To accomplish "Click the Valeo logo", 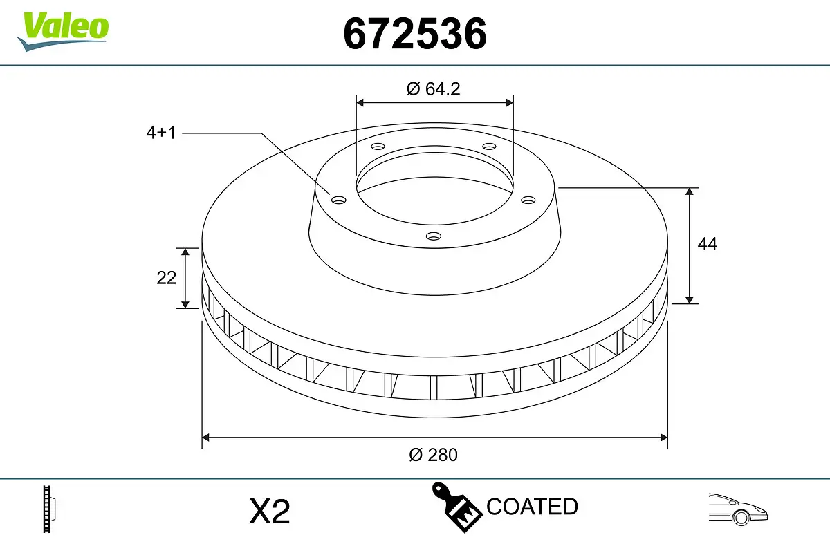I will pyautogui.click(x=63, y=30).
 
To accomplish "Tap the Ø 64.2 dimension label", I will pyautogui.click(x=434, y=88).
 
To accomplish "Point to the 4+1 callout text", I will pyautogui.click(x=160, y=133).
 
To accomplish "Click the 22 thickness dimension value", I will pyautogui.click(x=167, y=278).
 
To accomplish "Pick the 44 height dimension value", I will pyautogui.click(x=707, y=244).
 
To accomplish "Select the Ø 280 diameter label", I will pyautogui.click(x=433, y=454).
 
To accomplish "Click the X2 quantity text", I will pyautogui.click(x=269, y=512).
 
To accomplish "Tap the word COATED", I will pyautogui.click(x=532, y=507).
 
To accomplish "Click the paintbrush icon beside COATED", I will pyautogui.click(x=456, y=506).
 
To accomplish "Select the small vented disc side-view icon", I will pyautogui.click(x=49, y=509).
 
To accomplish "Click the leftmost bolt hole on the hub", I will pyautogui.click(x=338, y=200).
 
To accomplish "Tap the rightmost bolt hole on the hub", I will pyautogui.click(x=528, y=200).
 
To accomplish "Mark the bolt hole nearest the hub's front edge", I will pyautogui.click(x=434, y=236).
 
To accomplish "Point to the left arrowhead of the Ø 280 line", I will pyautogui.click(x=206, y=437).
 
